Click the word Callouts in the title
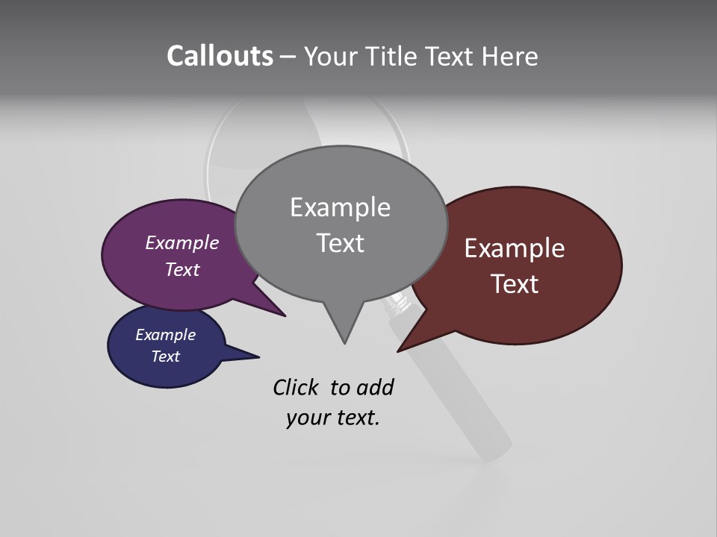(220, 56)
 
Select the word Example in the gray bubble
(340, 207)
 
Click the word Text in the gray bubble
(340, 242)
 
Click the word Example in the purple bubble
(181, 242)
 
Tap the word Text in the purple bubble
(181, 269)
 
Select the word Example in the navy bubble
(165, 335)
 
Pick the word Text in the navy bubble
(165, 357)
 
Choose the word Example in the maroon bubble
(515, 248)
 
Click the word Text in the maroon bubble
(515, 283)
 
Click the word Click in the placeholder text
(295, 387)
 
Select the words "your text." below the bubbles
(333, 418)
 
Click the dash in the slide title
(288, 57)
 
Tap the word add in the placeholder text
(375, 387)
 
